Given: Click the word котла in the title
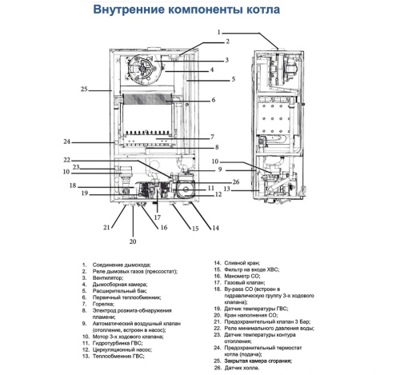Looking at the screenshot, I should (262, 12).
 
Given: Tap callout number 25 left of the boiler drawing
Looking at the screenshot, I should (85, 89).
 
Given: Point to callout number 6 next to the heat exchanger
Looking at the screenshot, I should (214, 100).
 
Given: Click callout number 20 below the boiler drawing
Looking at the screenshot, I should (134, 241).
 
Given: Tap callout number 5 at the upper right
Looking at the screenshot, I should (233, 80).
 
